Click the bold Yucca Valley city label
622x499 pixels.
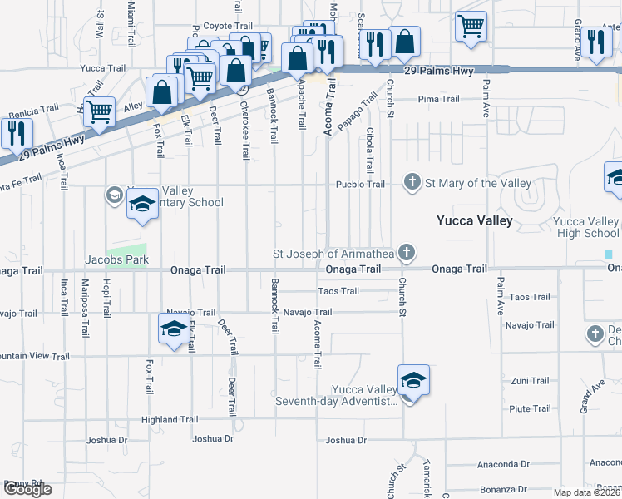click(x=475, y=220)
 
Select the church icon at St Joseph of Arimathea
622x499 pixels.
click(x=406, y=252)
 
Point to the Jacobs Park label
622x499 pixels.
click(x=116, y=260)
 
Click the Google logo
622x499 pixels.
click(x=27, y=489)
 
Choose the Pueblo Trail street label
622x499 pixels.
click(x=360, y=184)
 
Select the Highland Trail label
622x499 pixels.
click(x=170, y=420)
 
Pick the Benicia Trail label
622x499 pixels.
click(x=33, y=108)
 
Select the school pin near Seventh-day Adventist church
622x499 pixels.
click(x=413, y=381)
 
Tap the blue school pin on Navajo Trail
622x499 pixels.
click(x=173, y=329)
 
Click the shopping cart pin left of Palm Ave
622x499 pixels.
click(x=471, y=27)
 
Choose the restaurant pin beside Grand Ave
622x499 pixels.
click(x=596, y=42)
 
